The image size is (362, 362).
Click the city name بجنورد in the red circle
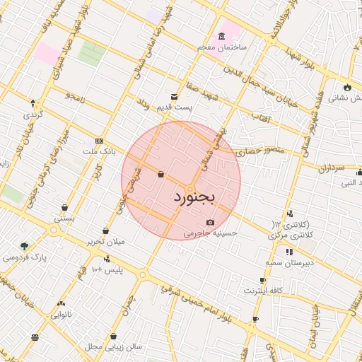coord(192,198)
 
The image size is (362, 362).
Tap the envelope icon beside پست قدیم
coord(174,96)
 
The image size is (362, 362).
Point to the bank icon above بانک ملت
coord(98,141)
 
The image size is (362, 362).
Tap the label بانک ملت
coord(98,151)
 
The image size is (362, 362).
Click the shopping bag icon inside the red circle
coord(161,174)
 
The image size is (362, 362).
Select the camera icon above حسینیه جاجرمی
coord(210,223)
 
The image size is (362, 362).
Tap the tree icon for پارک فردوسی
coord(25,246)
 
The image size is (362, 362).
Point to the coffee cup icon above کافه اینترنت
coord(262,281)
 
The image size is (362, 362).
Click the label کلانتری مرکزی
coord(291,233)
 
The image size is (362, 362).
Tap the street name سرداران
coord(329,170)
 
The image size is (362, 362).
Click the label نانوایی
coord(62,313)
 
